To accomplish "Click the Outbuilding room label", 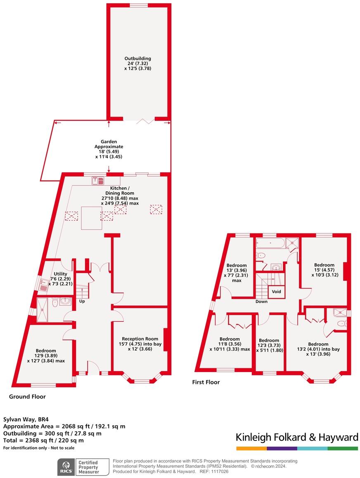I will click(137, 64).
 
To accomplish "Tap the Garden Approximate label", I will click(109, 149).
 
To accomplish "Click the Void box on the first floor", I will click(276, 292).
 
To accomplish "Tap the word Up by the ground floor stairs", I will click(83, 301).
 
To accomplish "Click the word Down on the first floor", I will click(261, 301).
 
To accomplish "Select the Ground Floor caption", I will click(27, 397).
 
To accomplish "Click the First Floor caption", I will click(206, 382).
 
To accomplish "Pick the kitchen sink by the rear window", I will click(99, 181).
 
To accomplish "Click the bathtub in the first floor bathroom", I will click(270, 243).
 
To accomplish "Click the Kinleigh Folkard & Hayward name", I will click(297, 437).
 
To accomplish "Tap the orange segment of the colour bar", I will click(251, 448).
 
